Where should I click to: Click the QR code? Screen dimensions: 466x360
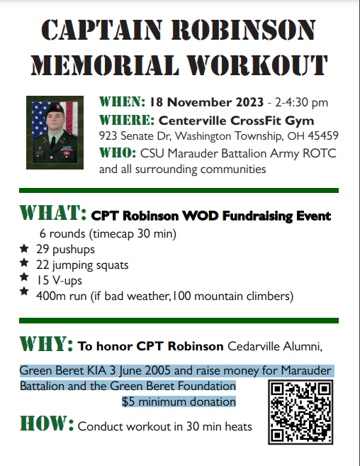[x=300, y=412]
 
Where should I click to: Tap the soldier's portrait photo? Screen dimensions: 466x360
[x=55, y=132]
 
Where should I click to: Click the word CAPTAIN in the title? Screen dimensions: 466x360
[x=106, y=30]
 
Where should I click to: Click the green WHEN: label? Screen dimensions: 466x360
[x=123, y=101]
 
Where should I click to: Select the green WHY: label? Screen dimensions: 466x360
[x=46, y=345]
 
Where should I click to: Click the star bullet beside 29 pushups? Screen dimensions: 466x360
[x=24, y=249]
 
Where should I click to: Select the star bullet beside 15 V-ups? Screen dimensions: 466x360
[x=24, y=278]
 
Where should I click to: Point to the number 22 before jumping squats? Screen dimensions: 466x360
[x=44, y=264]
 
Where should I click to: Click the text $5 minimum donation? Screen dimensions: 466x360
[x=179, y=402]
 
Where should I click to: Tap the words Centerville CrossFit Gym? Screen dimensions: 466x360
[x=236, y=119]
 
